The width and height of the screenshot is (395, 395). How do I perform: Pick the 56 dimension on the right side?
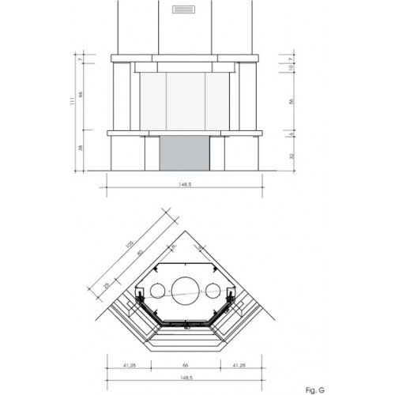pos(291,102)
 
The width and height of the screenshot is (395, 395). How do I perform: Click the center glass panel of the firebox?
pos(185,100)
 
